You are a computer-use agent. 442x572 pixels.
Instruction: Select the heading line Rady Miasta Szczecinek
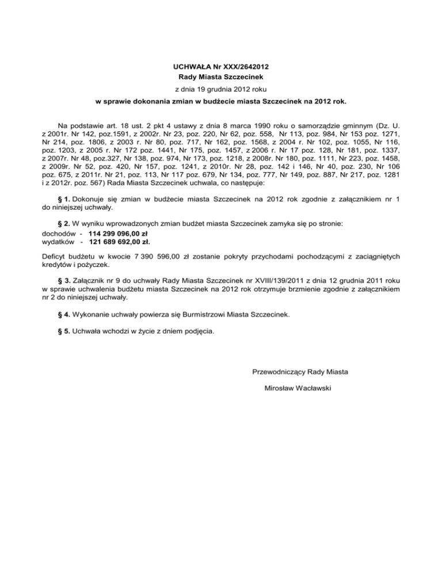tap(221, 77)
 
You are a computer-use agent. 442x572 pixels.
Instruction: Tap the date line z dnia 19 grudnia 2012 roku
tap(221, 90)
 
